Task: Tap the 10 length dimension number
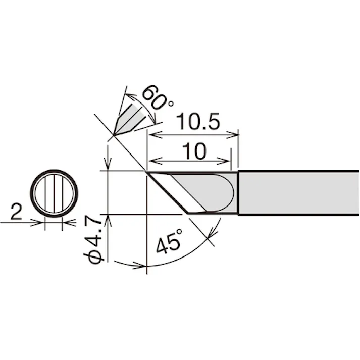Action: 194,151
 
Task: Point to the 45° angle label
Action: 170,241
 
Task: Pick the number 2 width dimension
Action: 16,212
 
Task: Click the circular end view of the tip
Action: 54,193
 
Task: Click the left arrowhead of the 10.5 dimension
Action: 156,135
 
